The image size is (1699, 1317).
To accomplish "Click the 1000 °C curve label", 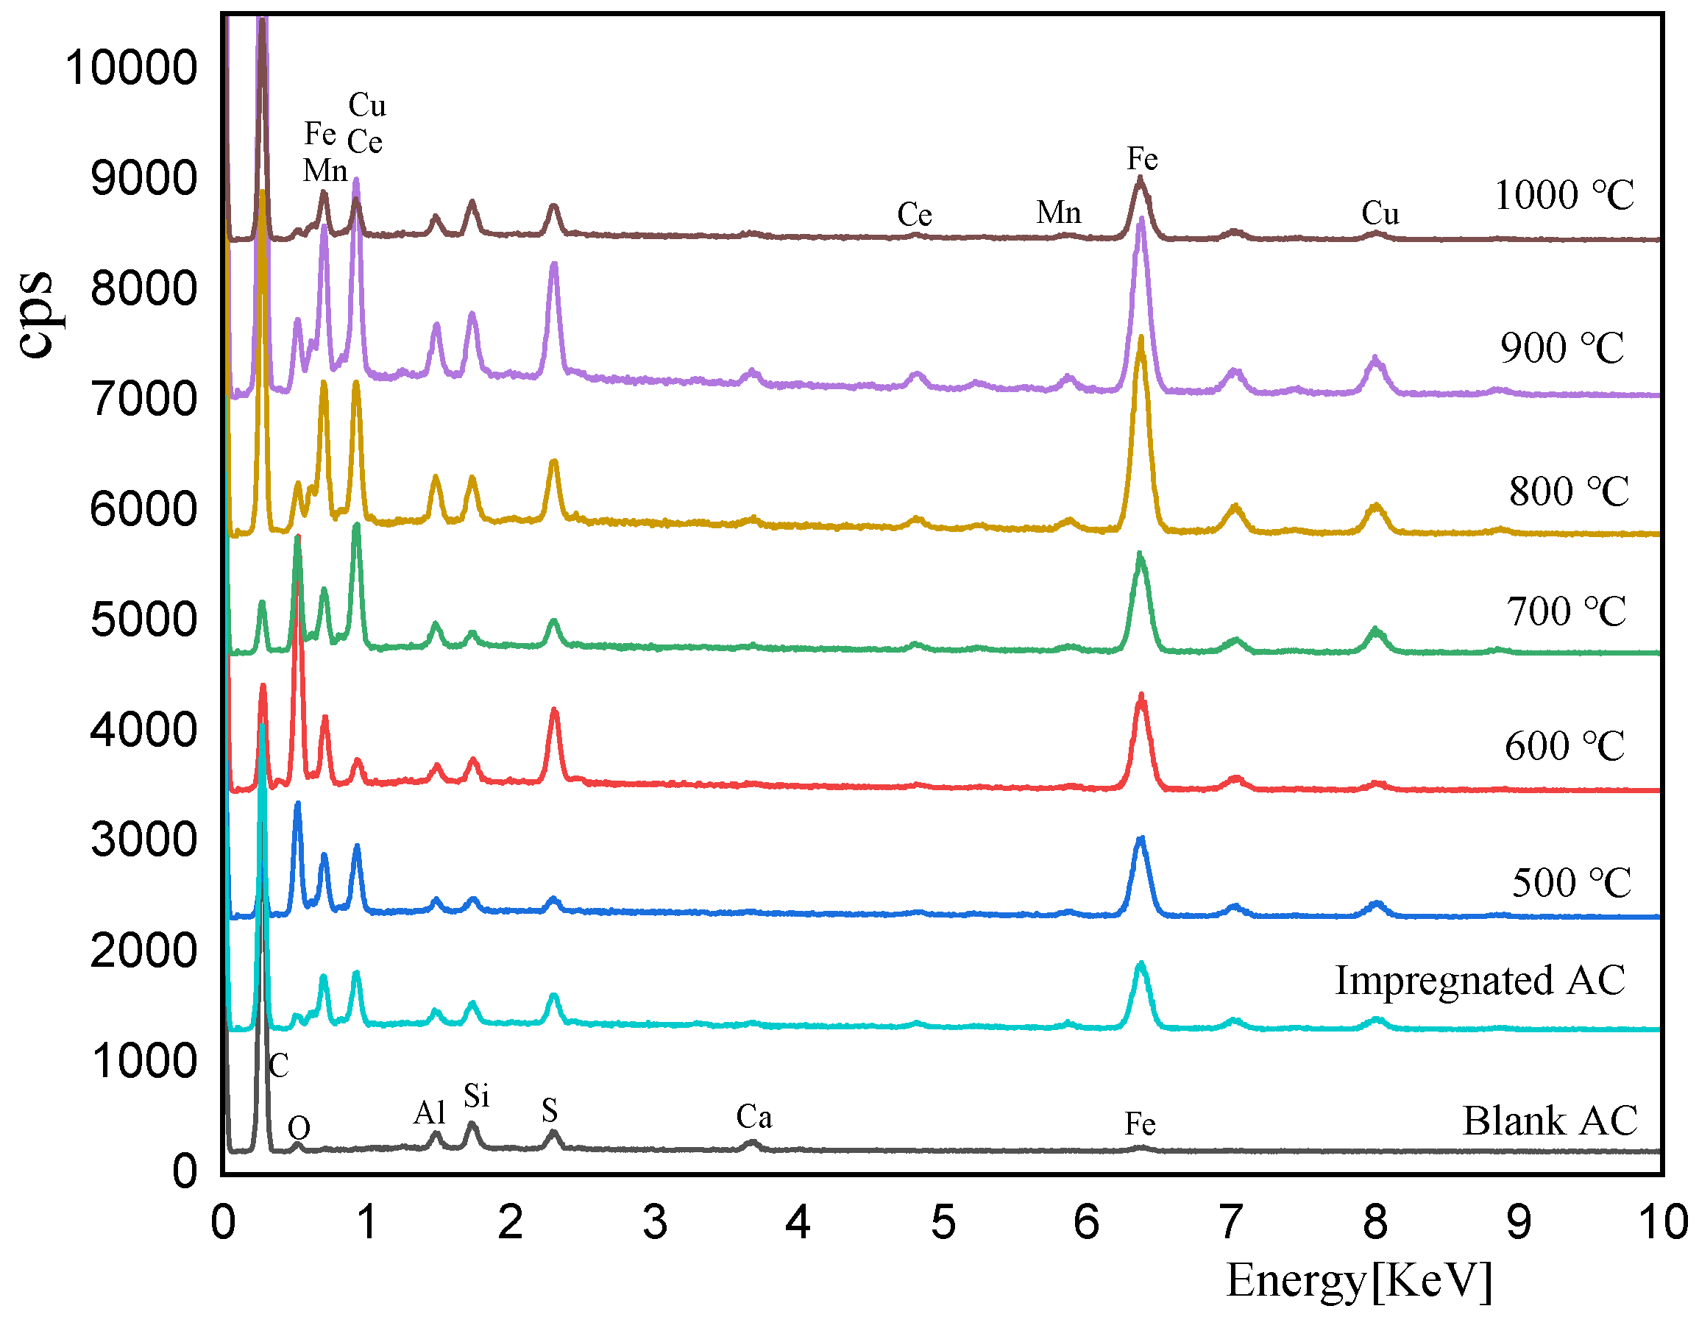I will (1564, 196).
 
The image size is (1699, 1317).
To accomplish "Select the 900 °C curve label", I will (1561, 349).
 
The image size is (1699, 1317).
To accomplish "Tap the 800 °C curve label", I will (1568, 492).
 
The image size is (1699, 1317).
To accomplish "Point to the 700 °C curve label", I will (1566, 612).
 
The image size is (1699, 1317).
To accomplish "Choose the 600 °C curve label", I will (1564, 747).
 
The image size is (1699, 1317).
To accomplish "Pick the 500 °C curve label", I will (1571, 884).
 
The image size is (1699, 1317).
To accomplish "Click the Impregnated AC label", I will (1480, 981).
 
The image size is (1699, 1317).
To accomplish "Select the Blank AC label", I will (1550, 1122).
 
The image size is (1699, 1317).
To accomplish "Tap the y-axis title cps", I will (36, 315).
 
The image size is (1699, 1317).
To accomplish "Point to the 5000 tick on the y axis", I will (144, 620).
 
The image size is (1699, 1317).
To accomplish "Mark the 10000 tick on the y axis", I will (132, 68).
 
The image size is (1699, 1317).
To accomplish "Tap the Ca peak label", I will (753, 1117).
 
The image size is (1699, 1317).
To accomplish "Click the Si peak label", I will (476, 1096).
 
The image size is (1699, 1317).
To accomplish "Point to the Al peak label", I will (430, 1113).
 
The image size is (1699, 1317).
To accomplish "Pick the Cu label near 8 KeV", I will (1380, 214).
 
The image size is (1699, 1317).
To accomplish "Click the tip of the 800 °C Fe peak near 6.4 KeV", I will (1141, 338).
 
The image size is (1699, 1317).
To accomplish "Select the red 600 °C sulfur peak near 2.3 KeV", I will (554, 710).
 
